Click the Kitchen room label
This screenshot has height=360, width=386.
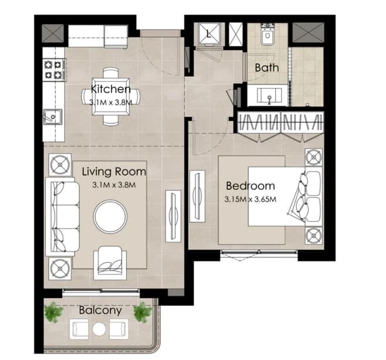(x=110, y=89)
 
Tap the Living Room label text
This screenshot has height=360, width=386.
(x=114, y=172)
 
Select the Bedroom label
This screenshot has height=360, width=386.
(x=250, y=186)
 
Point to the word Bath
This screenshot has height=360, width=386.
(x=267, y=67)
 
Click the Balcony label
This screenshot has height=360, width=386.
(x=100, y=311)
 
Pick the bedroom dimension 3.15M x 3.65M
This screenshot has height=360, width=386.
(x=250, y=199)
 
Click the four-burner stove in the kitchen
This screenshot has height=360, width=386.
(x=53, y=70)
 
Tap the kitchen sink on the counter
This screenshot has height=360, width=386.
(x=52, y=117)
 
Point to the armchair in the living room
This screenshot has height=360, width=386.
(x=110, y=263)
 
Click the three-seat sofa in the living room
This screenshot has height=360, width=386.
(x=63, y=217)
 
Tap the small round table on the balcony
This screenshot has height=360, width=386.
(x=99, y=329)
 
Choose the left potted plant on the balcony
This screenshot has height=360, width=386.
(x=53, y=313)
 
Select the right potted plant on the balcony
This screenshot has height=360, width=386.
(x=143, y=313)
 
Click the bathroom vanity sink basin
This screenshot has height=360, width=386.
(x=269, y=96)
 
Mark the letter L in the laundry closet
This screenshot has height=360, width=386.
(x=208, y=33)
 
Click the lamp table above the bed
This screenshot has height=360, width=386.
(x=314, y=157)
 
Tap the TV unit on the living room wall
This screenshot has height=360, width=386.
(x=173, y=216)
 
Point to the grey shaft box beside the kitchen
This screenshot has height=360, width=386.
(x=53, y=33)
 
